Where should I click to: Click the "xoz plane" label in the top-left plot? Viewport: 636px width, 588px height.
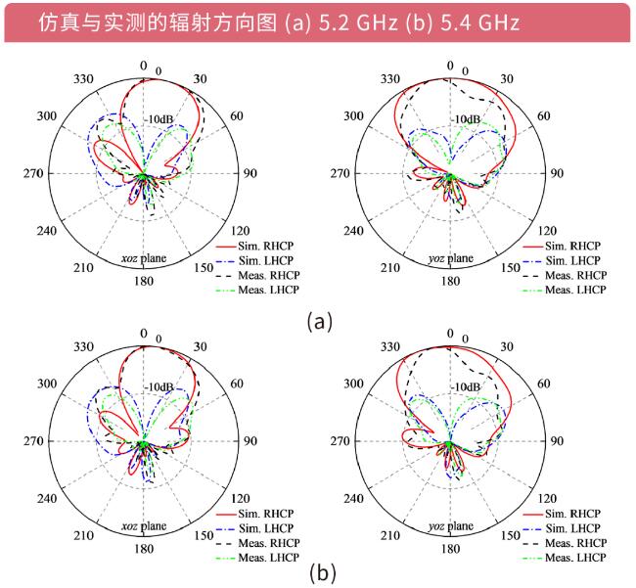(x=142, y=258)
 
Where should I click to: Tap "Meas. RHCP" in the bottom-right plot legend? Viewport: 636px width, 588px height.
(x=574, y=543)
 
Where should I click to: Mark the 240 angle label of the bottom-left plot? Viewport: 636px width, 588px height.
(x=46, y=498)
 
